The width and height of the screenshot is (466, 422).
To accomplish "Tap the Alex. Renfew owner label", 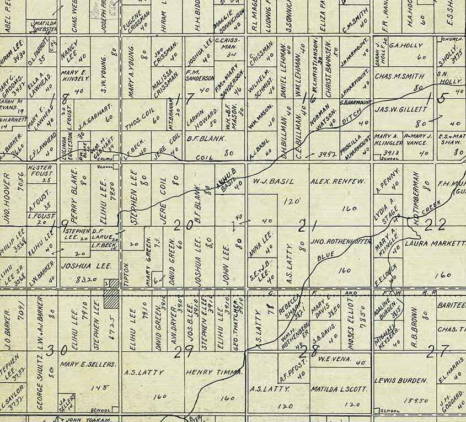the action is (335, 181).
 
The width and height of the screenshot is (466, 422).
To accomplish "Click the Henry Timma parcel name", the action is (215, 372).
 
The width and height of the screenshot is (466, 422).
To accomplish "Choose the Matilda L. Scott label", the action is (339, 389).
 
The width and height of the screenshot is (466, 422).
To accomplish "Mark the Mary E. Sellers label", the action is (88, 364).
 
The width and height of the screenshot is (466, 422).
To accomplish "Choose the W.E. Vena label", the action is (337, 361).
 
